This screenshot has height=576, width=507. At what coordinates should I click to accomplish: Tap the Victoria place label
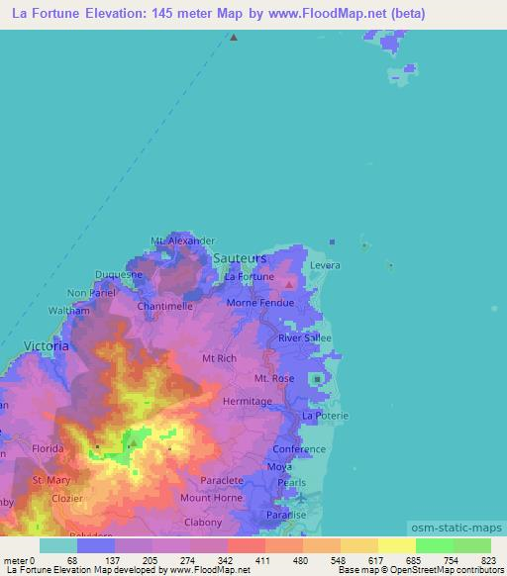pyautogui.click(x=47, y=346)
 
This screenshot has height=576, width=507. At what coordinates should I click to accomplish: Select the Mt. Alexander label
pyautogui.click(x=182, y=240)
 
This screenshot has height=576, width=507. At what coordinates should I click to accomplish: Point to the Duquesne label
pyautogui.click(x=120, y=274)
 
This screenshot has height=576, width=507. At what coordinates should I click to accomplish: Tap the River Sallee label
pyautogui.click(x=304, y=337)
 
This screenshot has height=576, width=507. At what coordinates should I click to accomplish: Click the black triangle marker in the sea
pyautogui.click(x=234, y=38)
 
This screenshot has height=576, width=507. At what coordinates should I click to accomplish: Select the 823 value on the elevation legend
pyautogui.click(x=489, y=561)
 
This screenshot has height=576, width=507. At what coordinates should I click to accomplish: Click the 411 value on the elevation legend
pyautogui.click(x=263, y=561)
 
